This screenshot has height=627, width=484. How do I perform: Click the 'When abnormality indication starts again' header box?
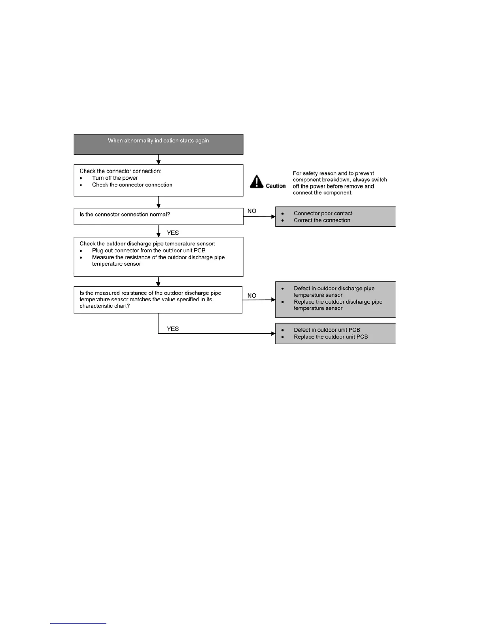(158, 144)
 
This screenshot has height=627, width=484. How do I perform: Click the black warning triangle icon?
(257, 182)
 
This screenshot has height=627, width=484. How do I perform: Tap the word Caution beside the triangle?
(276, 186)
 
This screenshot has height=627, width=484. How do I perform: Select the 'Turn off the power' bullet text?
(115, 178)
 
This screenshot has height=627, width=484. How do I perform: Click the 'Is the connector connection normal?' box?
(158, 216)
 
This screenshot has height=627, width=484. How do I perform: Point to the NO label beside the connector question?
(252, 211)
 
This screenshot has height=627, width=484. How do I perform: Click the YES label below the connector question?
(173, 233)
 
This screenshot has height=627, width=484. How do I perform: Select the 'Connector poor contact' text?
(323, 213)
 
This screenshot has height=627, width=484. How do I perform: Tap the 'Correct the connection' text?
(322, 220)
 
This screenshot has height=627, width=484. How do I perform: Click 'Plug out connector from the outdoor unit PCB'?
(149, 251)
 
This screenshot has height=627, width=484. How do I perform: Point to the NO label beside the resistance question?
(252, 296)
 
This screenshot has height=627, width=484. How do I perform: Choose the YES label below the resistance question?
(173, 329)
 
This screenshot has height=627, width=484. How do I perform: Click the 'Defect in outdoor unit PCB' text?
(327, 330)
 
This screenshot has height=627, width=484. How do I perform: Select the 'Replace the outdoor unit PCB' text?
(331, 337)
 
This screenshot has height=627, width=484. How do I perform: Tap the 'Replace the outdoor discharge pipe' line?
(338, 302)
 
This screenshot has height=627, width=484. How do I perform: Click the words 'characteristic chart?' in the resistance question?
(104, 306)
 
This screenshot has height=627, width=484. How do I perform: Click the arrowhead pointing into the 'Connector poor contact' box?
(273, 217)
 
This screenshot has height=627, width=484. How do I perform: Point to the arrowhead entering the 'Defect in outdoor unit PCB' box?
(273, 334)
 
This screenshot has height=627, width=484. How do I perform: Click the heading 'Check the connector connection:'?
(120, 171)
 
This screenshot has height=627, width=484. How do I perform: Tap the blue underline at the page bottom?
(78, 623)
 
